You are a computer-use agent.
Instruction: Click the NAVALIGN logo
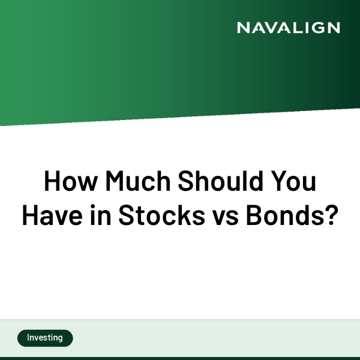click(x=288, y=28)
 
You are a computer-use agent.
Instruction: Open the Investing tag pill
click(x=45, y=338)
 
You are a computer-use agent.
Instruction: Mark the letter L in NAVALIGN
click(x=293, y=28)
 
